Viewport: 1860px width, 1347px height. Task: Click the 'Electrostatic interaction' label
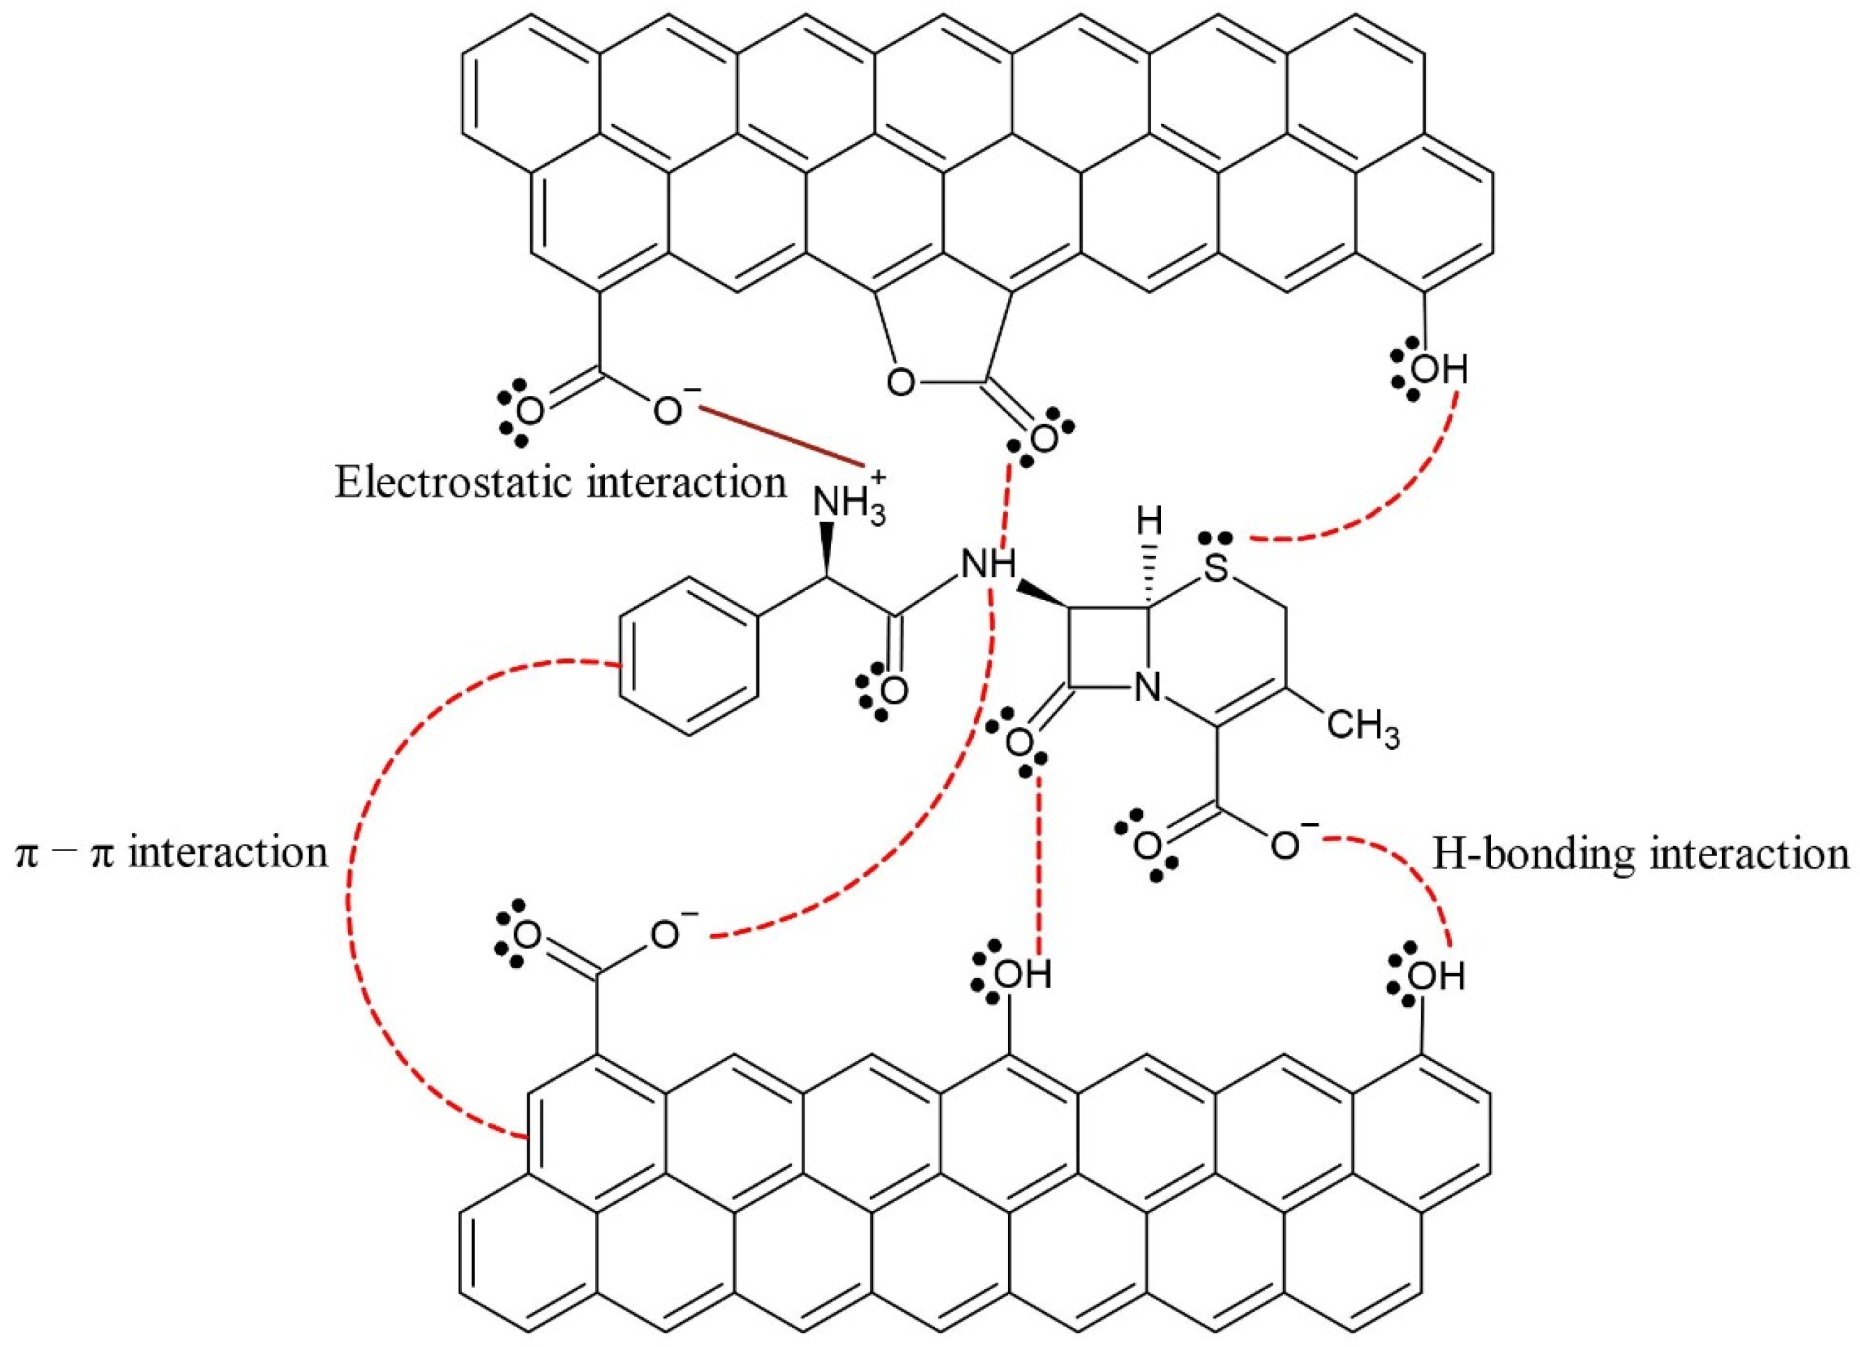[x=560, y=483]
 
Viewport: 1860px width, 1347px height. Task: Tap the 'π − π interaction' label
[x=172, y=852]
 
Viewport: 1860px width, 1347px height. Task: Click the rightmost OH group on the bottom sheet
[x=1437, y=977]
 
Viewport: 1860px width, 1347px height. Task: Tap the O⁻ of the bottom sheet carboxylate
[x=669, y=935]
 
